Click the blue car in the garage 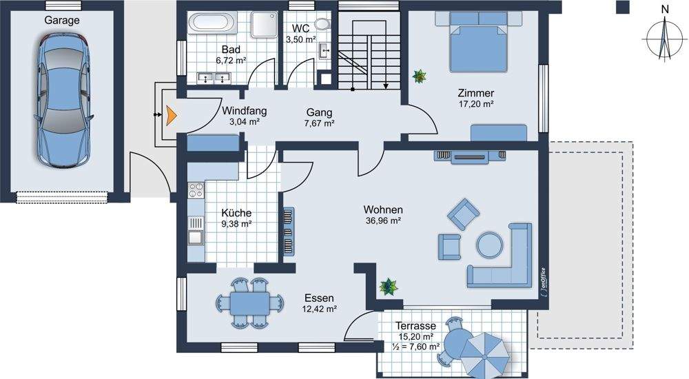(x=64, y=100)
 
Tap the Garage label (x=62, y=20)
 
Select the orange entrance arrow (x=171, y=115)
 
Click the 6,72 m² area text (x=231, y=60)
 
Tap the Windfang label (x=245, y=111)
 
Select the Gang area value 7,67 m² (x=320, y=123)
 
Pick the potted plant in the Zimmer (x=420, y=76)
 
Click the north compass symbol (x=664, y=38)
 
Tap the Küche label (x=236, y=213)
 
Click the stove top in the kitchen (x=196, y=190)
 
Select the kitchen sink (x=196, y=238)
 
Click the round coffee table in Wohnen (x=490, y=245)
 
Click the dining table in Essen (x=249, y=303)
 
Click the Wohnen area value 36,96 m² (x=383, y=221)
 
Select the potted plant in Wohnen (x=389, y=287)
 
